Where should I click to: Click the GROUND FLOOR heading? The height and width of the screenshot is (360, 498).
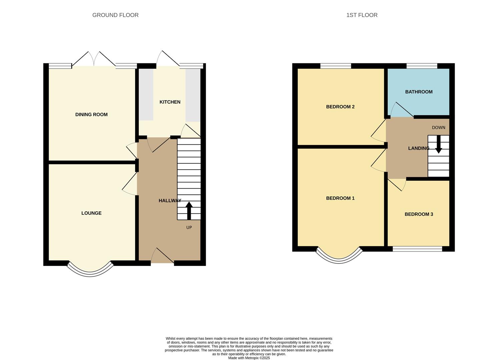(115, 15)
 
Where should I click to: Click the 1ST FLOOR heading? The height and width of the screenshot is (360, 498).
(362, 15)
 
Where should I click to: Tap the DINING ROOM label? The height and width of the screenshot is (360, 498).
(91, 115)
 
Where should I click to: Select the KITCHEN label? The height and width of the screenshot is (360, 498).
(170, 102)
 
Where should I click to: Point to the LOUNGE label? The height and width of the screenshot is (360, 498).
(91, 213)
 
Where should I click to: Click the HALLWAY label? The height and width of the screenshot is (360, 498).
(170, 201)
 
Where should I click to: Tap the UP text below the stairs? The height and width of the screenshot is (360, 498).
(189, 228)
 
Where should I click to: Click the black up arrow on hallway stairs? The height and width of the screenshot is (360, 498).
(189, 210)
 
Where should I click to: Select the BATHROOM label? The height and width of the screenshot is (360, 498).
(419, 92)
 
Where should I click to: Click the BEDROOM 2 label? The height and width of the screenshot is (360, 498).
(340, 107)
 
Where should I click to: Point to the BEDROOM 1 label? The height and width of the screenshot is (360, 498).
(340, 198)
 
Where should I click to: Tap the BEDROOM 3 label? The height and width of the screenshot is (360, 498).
(419, 214)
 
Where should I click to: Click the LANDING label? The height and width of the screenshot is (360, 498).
(419, 148)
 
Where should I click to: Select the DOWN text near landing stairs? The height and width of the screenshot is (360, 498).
(438, 128)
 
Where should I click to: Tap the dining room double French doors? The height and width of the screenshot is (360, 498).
(94, 60)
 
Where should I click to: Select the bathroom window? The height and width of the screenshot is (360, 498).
(422, 66)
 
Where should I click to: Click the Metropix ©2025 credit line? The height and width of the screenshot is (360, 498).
(249, 358)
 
